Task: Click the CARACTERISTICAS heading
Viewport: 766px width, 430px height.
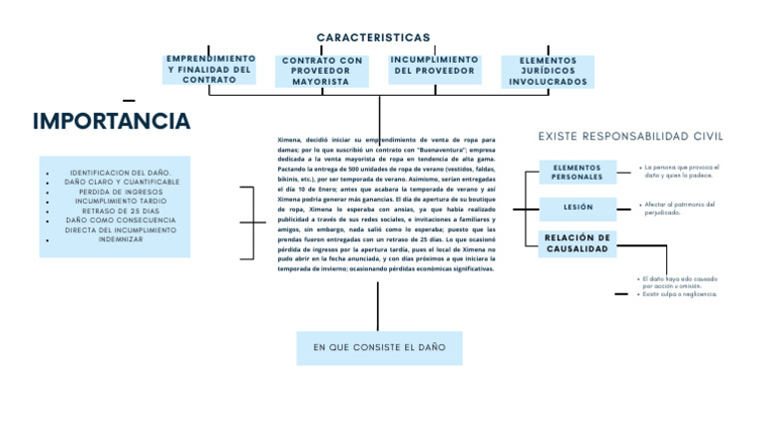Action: click(373, 38)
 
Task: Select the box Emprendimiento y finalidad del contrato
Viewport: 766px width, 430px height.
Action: click(209, 69)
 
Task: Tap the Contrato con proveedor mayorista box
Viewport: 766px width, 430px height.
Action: click(322, 71)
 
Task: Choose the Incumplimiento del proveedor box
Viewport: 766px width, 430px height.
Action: click(434, 66)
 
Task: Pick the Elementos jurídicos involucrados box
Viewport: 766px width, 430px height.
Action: click(548, 71)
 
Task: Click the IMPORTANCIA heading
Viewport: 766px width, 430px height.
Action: click(111, 122)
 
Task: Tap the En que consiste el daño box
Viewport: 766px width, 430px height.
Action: click(379, 347)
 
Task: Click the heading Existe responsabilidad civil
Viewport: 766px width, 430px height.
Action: click(630, 136)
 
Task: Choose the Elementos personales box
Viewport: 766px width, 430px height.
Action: click(576, 172)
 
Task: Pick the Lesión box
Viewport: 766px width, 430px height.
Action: click(576, 208)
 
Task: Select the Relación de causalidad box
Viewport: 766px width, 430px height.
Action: click(576, 243)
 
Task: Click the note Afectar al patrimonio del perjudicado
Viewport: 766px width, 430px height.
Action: click(679, 208)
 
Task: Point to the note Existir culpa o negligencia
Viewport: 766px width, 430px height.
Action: click(679, 294)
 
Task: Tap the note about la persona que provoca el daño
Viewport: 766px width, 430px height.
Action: click(679, 172)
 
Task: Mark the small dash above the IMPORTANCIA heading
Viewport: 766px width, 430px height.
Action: click(129, 101)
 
